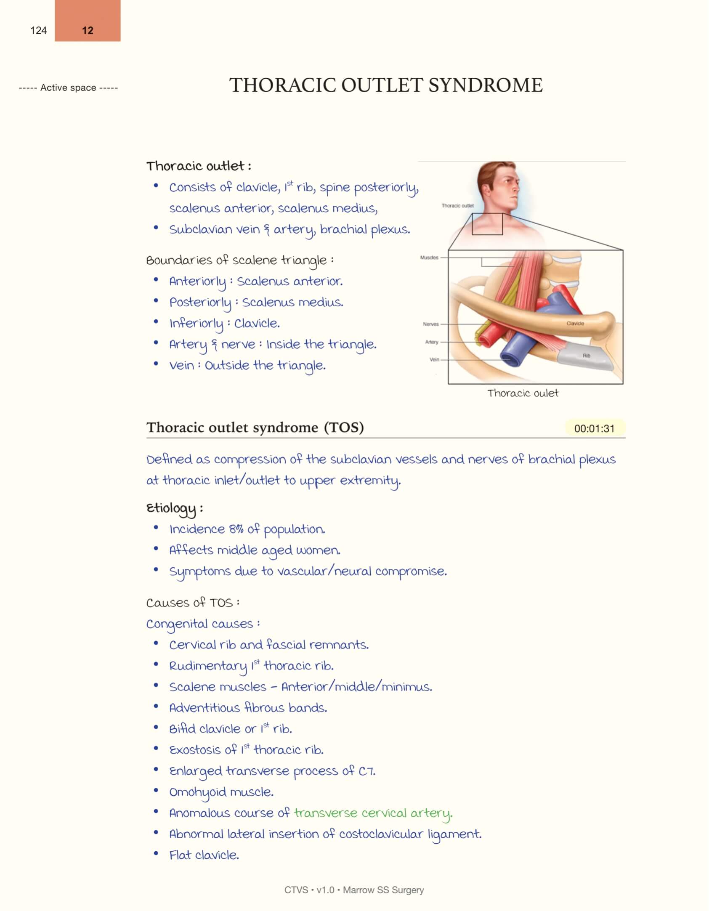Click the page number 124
coord(38,30)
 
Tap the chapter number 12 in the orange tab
coord(88,30)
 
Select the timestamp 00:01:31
coord(594,428)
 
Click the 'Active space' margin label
coord(68,88)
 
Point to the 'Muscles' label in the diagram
coord(429,258)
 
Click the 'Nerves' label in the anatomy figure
coord(430,324)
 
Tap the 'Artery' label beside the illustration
coord(432,342)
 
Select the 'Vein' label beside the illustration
coord(434,359)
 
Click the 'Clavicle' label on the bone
coord(575,323)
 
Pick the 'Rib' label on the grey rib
coord(586,356)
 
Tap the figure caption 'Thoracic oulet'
coord(523,393)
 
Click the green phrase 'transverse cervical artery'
coord(373,813)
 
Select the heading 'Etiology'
coord(171,508)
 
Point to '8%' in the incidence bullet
coord(236,529)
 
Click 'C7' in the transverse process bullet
coord(366,771)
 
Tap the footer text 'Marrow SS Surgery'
coord(383,890)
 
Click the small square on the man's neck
coord(487,224)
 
